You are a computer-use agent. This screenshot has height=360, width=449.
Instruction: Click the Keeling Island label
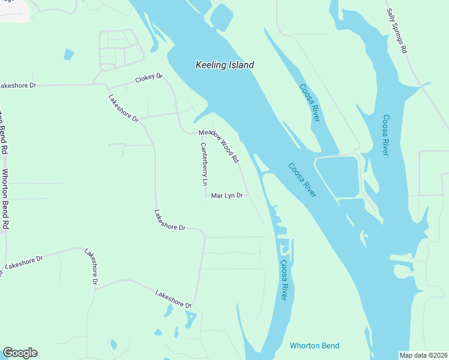coord(224,65)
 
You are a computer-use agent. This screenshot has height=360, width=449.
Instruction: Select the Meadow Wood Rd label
coord(219,146)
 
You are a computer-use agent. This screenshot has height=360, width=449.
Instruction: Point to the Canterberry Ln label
coord(204,164)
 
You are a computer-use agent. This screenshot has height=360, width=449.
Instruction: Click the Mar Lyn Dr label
coord(227,196)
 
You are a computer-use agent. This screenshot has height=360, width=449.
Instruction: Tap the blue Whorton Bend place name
coord(315,346)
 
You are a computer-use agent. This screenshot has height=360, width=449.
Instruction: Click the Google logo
coord(20,353)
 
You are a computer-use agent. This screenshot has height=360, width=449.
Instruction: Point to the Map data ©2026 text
coord(423,355)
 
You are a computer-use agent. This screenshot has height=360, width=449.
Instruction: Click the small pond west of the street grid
coord(69,55)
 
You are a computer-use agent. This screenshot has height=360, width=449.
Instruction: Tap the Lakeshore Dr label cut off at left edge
coord(18,86)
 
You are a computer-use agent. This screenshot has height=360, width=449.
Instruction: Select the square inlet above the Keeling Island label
coord(220,17)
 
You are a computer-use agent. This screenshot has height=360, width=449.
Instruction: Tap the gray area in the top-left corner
coord(13,10)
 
